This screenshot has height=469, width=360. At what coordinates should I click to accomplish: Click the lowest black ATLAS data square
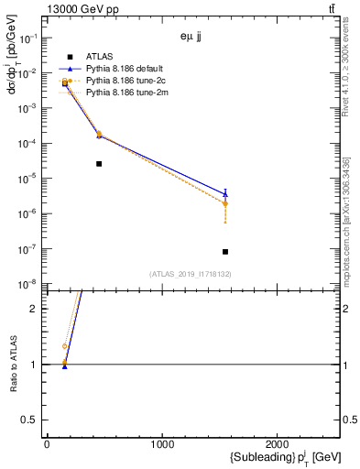[x=225, y=252]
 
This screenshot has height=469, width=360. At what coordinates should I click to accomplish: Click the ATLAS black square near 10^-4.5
[x=99, y=164]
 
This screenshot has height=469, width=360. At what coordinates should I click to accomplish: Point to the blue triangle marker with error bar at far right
[x=225, y=193]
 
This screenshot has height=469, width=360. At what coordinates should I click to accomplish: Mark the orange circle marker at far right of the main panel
[x=225, y=203]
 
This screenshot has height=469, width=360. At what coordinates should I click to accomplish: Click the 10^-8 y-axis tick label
[x=29, y=284]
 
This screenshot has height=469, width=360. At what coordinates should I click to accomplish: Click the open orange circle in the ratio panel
[x=64, y=346]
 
